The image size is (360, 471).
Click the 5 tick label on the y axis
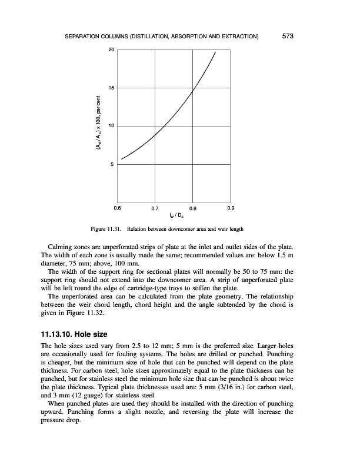pos(112,165)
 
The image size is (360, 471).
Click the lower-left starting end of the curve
pos(121,159)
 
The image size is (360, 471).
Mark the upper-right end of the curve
pos(215,52)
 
